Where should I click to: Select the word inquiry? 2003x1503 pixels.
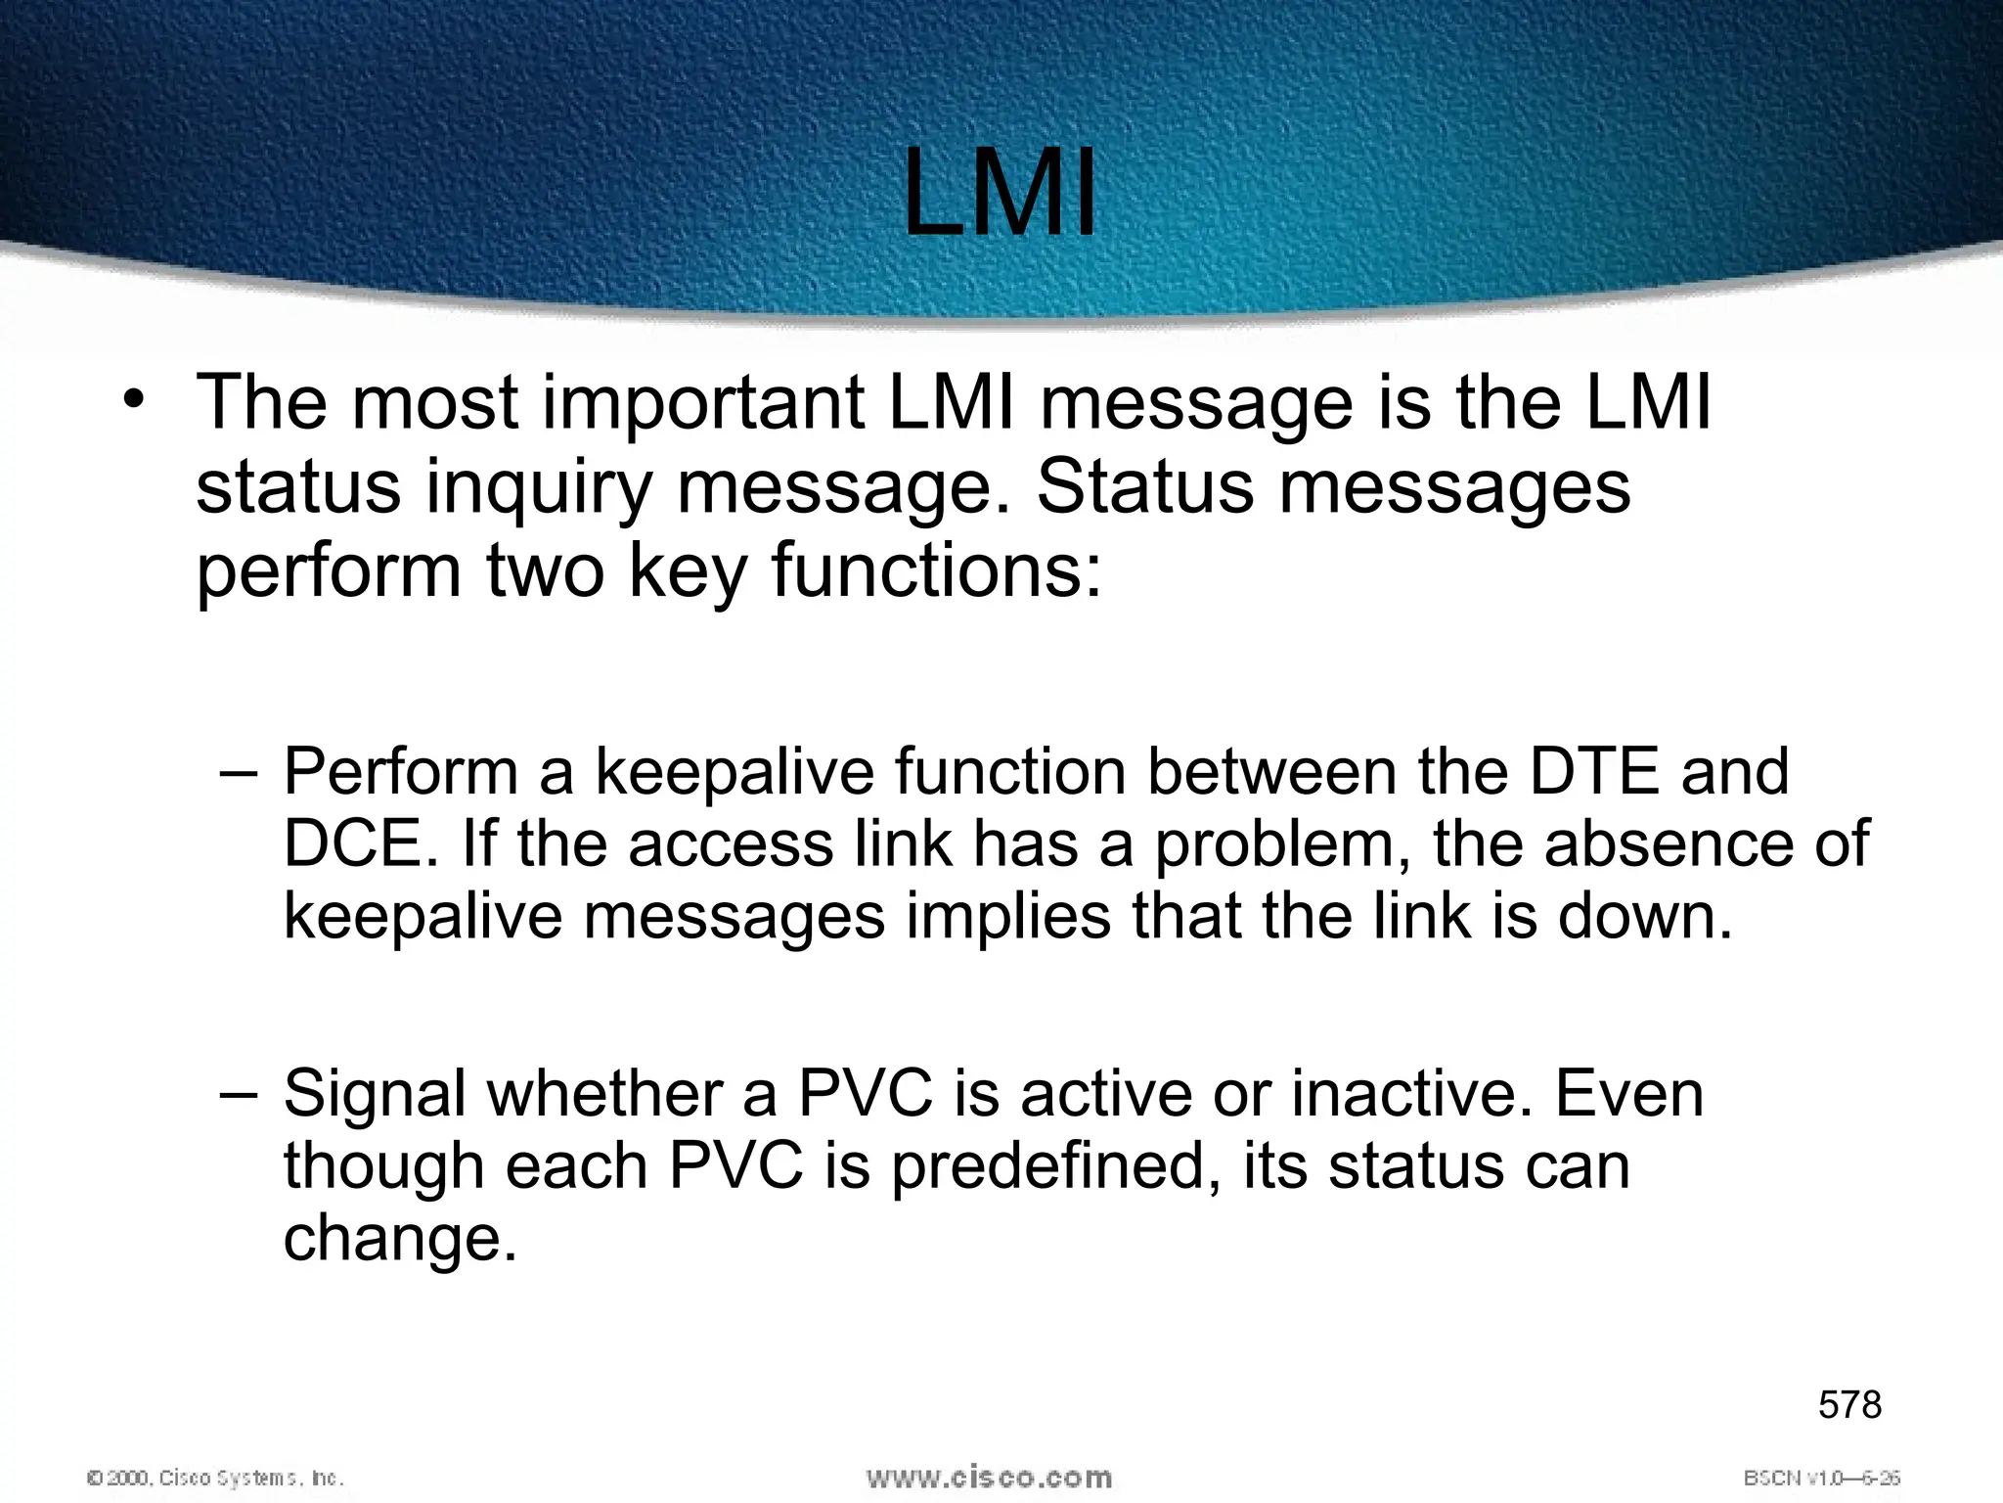[538, 487]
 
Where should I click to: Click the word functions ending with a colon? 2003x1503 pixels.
[936, 570]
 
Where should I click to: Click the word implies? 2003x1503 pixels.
[1008, 916]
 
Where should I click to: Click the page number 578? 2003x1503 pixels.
[1849, 1404]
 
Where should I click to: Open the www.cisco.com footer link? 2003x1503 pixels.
[989, 1477]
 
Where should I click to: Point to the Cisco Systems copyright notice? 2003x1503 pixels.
[215, 1478]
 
